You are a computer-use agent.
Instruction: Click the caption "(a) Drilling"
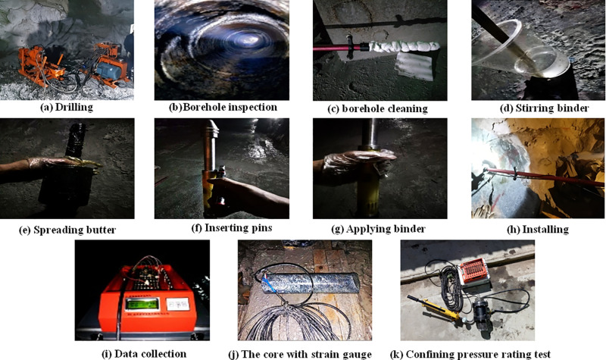coord(67,107)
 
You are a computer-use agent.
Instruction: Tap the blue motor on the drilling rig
coord(106,70)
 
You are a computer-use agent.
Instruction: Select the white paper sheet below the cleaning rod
coord(415,66)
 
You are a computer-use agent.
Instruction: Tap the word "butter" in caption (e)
coord(102,230)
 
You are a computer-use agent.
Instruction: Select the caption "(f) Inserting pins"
coord(232,228)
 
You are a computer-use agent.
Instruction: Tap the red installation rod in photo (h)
coord(541,176)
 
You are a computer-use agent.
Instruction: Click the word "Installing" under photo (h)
coord(545,230)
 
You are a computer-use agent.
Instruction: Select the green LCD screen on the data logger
coord(142,304)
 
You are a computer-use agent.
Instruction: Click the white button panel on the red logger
coord(178,305)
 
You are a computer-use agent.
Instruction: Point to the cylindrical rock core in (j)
coord(310,283)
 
